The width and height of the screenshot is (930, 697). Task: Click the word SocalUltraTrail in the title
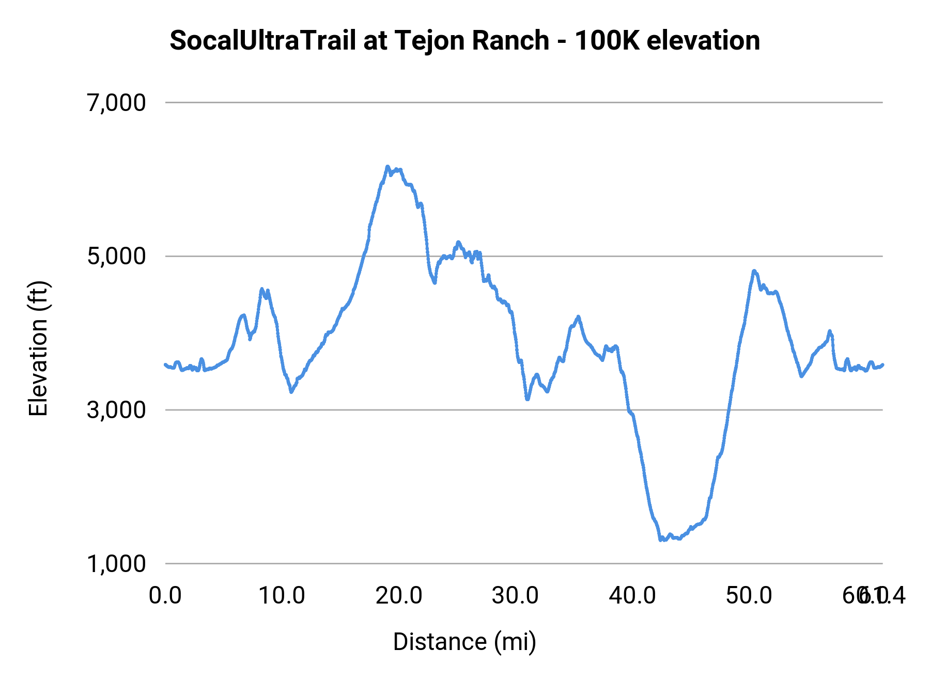pyautogui.click(x=262, y=41)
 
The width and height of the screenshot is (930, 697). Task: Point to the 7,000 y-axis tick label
pyautogui.click(x=117, y=103)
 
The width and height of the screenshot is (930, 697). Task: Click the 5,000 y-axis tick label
pyautogui.click(x=117, y=256)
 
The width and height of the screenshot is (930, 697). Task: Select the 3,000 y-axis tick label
pyautogui.click(x=117, y=410)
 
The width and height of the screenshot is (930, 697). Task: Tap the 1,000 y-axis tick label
pyautogui.click(x=117, y=564)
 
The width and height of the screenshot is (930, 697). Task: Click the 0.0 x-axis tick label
pyautogui.click(x=165, y=596)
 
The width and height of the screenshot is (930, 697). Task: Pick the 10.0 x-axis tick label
pyautogui.click(x=282, y=596)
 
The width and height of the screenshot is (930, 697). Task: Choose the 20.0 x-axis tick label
pyautogui.click(x=399, y=596)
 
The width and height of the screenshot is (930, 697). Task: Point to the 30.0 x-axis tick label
pyautogui.click(x=516, y=596)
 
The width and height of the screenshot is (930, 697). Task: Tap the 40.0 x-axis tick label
pyautogui.click(x=632, y=596)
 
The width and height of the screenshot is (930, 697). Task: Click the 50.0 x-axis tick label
pyautogui.click(x=749, y=596)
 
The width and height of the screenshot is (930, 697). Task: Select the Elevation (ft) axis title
pyautogui.click(x=38, y=348)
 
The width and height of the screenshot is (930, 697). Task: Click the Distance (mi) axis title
pyautogui.click(x=464, y=642)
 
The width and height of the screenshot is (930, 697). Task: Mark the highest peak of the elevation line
pyautogui.click(x=387, y=167)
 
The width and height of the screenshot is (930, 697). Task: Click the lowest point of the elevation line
pyautogui.click(x=661, y=540)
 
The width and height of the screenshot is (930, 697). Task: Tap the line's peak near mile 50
pyautogui.click(x=754, y=271)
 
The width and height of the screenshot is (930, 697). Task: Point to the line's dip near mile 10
pyautogui.click(x=292, y=392)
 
